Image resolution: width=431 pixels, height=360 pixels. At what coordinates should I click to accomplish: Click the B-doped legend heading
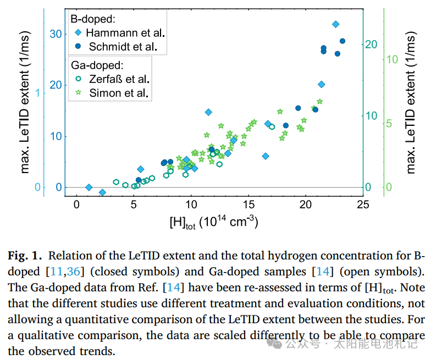click(92, 18)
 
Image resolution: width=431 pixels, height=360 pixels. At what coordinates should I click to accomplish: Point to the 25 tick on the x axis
click(363, 205)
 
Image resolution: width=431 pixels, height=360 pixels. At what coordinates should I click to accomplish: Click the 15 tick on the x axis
click(248, 205)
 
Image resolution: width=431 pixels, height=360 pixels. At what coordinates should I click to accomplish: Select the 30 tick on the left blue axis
click(55, 34)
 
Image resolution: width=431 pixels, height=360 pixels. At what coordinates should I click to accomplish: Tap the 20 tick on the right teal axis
click(372, 44)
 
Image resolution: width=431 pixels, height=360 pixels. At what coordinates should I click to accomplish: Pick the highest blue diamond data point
click(335, 24)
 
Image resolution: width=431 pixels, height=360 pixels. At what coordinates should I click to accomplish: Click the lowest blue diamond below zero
click(102, 192)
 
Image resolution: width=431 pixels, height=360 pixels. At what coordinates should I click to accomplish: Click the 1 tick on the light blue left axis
click(38, 93)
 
